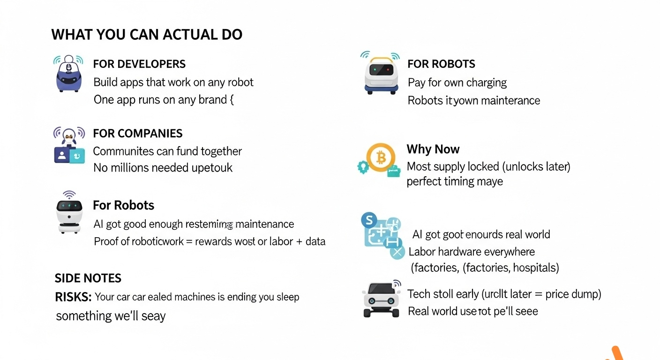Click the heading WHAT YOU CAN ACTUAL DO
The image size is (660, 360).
point(147,35)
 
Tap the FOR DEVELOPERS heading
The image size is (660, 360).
point(139,64)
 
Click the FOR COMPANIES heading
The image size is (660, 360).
point(137,133)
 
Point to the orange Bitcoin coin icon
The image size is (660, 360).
point(381,157)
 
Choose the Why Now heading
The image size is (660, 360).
point(433,149)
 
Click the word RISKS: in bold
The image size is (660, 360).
point(73,297)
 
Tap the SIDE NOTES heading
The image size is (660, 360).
point(88,278)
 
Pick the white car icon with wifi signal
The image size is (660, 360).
point(382,299)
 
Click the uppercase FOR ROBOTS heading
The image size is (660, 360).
point(441,64)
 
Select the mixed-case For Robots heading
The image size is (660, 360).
point(123,205)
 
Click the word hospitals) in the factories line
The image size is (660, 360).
point(536,268)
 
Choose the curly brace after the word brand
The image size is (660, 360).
point(231,100)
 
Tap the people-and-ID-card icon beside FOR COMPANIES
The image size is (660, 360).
point(69,145)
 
